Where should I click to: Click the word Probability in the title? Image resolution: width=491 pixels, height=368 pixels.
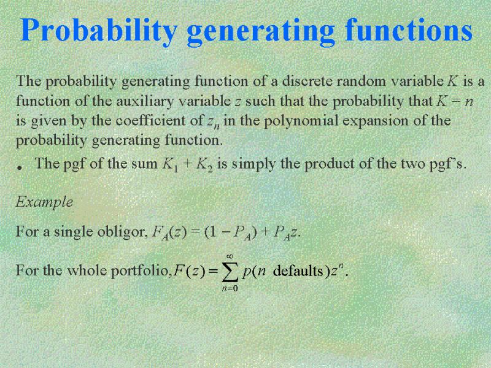pos(99,31)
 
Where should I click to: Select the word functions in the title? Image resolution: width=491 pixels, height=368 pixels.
pos(408,29)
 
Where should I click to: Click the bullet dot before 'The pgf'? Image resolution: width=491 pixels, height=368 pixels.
pos(20,168)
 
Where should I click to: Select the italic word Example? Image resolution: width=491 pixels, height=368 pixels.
pos(44,202)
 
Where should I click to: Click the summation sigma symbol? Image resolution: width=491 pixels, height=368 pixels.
pos(230,271)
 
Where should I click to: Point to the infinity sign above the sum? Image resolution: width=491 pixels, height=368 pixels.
pos(230,256)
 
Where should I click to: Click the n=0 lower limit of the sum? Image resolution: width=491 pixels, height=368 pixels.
pos(230,288)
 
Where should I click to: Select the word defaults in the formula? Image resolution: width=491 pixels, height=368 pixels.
pos(298,270)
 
